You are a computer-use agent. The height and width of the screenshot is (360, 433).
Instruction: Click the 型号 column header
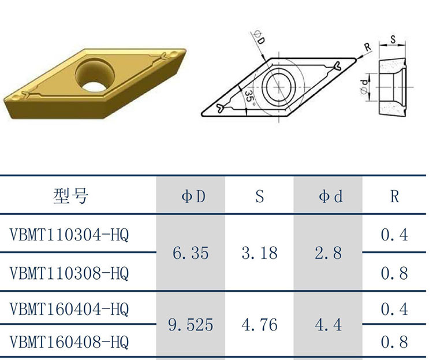point(71,196)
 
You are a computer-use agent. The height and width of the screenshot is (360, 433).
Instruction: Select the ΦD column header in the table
point(193,196)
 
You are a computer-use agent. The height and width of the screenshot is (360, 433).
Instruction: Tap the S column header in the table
point(260,196)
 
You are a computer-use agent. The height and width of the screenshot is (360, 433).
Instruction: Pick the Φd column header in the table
point(331,196)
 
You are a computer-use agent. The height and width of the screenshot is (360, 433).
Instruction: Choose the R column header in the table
point(395,196)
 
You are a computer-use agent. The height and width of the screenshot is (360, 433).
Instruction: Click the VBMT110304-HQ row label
point(69,235)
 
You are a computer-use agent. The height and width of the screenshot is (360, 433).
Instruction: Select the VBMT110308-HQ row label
point(69,273)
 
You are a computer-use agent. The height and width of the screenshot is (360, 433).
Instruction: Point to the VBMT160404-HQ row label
point(69,309)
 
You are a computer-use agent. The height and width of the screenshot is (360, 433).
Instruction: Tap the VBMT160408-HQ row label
point(69,342)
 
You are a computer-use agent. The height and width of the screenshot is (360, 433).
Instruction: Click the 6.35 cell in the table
point(191,253)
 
